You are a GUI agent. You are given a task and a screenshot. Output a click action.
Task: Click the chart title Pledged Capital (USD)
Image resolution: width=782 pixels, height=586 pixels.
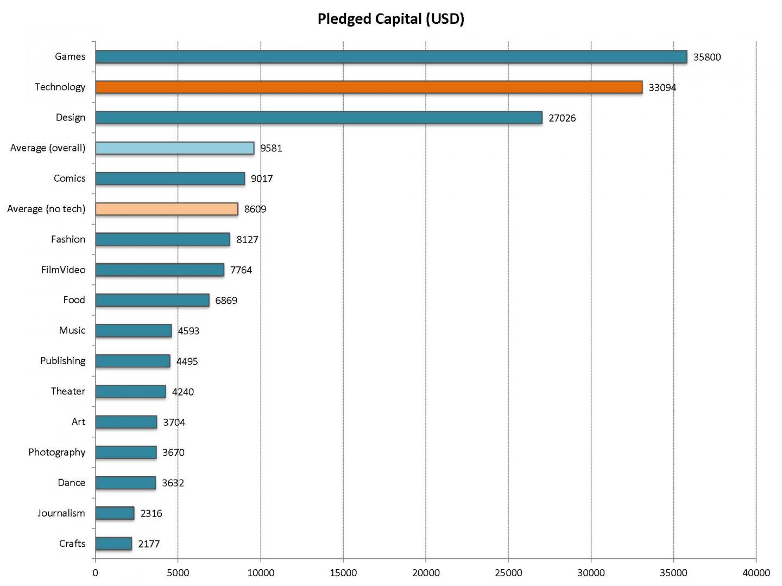(x=390, y=19)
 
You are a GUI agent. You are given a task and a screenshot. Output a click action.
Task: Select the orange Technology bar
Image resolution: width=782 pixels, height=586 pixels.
(x=368, y=87)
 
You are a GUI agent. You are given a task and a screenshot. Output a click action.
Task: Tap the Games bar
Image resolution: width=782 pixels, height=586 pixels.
(x=390, y=57)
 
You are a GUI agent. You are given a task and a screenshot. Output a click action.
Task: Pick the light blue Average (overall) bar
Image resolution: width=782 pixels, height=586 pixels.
(x=174, y=148)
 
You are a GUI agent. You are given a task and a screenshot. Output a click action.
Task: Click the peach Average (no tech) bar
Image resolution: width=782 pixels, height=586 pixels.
(x=166, y=209)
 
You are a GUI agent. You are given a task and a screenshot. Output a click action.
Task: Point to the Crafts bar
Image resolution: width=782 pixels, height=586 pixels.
(x=113, y=544)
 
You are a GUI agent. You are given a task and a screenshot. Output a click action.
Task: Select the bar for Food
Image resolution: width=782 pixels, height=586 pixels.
(x=152, y=300)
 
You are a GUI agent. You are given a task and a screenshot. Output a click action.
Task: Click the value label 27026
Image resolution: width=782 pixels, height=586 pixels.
(x=562, y=118)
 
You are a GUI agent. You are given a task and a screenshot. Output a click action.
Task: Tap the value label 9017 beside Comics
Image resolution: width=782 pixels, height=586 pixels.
(x=262, y=179)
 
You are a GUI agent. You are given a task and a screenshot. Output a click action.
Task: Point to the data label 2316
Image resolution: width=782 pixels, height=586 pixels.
(x=151, y=513)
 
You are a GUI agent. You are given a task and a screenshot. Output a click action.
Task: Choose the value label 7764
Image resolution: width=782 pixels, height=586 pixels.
(x=241, y=270)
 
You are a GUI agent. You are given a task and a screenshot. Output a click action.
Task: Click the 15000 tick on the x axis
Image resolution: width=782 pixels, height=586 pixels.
(x=343, y=573)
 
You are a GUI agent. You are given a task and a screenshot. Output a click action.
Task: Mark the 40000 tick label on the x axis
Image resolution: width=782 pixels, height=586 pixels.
(x=756, y=573)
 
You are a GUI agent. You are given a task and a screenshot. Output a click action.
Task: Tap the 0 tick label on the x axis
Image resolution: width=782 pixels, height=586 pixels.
(x=96, y=573)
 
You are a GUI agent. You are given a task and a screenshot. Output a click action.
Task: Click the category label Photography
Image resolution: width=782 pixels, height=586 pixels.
(x=57, y=452)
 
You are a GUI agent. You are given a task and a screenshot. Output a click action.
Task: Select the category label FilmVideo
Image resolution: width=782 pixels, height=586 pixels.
(x=63, y=270)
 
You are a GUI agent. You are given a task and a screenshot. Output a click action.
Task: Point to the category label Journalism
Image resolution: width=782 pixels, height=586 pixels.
(x=61, y=513)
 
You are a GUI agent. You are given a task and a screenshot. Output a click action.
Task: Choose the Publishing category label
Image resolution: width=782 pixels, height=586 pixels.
(x=62, y=361)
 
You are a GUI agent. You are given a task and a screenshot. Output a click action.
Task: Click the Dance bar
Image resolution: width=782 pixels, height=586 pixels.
(x=125, y=483)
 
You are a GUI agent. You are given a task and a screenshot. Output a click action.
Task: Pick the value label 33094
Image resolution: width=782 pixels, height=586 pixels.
(x=663, y=87)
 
